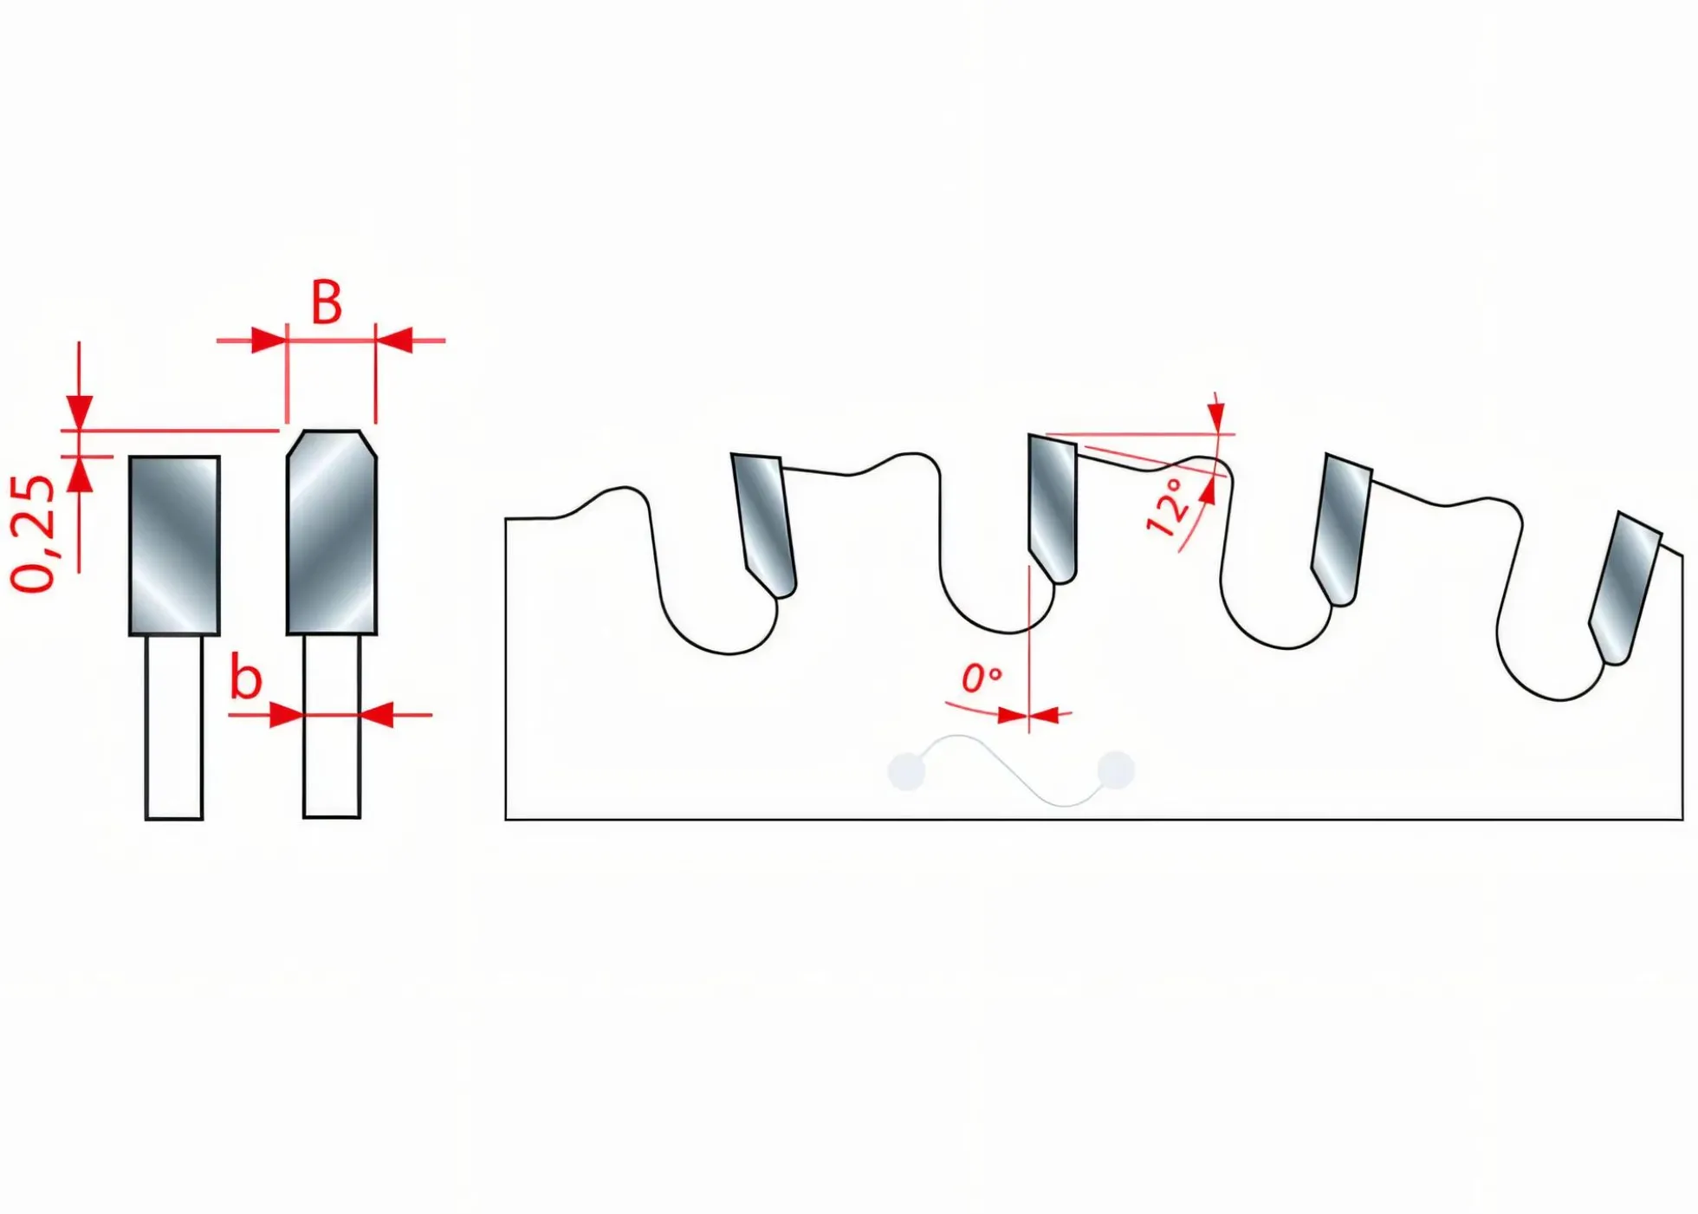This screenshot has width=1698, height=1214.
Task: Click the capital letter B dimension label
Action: click(327, 302)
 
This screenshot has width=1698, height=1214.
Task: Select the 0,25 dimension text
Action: click(34, 534)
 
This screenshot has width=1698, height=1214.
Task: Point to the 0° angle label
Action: click(982, 678)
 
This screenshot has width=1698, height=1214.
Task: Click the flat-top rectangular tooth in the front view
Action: click(174, 546)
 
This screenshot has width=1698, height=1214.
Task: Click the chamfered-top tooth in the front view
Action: click(332, 532)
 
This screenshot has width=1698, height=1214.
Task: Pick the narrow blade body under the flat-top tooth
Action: click(174, 727)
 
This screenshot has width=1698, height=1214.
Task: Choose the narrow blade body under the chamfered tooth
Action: click(332, 726)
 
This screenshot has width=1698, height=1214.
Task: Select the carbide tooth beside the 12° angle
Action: click(1053, 509)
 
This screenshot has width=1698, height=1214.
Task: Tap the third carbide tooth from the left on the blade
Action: click(1341, 529)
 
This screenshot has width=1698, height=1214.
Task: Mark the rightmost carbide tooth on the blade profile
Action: click(1625, 588)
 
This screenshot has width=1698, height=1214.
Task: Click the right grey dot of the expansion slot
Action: click(1116, 769)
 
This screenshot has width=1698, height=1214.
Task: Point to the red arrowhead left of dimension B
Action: click(269, 341)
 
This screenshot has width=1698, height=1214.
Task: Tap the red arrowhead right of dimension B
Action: click(394, 341)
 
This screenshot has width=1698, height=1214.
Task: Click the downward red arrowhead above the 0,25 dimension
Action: click(79, 412)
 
